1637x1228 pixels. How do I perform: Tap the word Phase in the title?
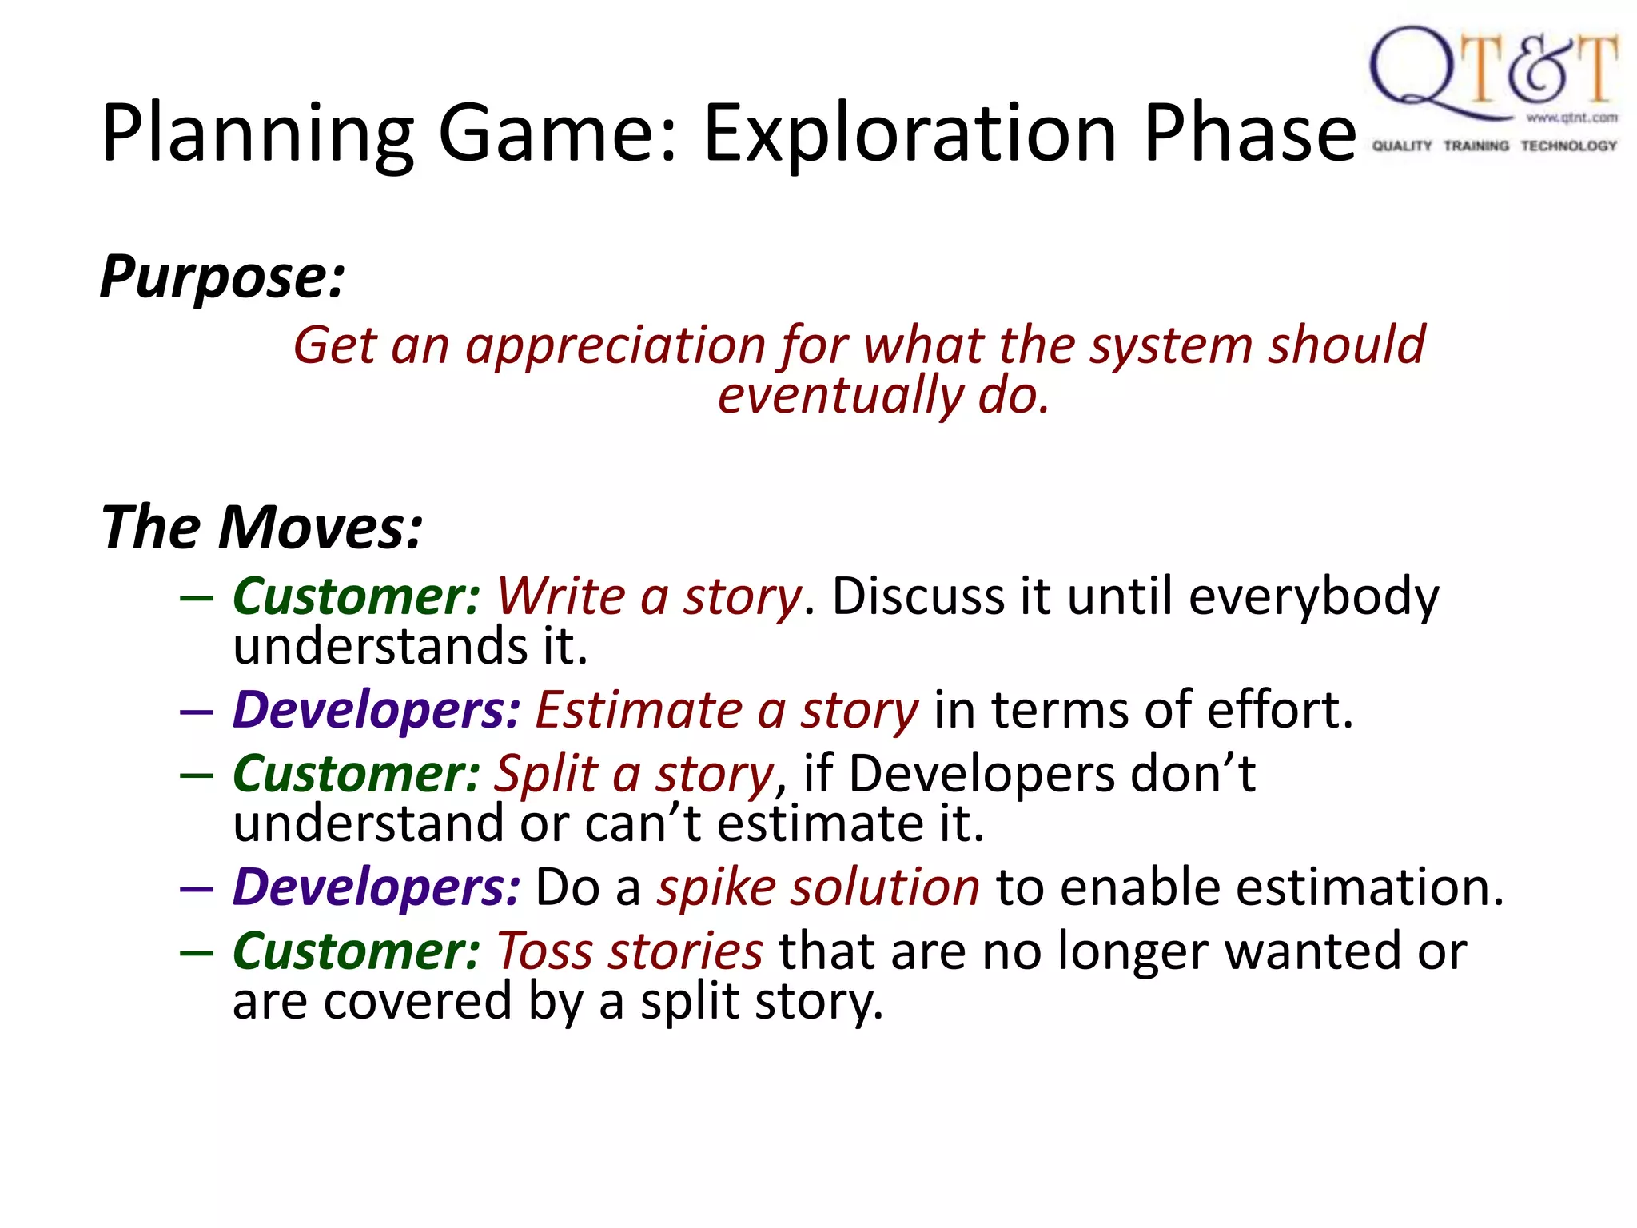tap(1249, 134)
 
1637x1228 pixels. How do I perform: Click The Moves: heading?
tap(261, 528)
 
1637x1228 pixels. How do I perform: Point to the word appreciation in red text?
tap(616, 345)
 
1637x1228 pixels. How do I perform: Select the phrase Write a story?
tap(648, 596)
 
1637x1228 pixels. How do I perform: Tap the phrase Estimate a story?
tap(727, 710)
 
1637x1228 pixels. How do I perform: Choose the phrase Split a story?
tap(634, 774)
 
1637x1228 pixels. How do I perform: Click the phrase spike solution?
tap(818, 887)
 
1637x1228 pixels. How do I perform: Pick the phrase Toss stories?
tap(629, 951)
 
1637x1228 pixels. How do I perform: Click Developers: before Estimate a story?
tap(376, 710)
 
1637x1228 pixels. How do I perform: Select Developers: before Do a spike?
tap(376, 887)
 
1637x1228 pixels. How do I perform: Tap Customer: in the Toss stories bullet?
tap(356, 951)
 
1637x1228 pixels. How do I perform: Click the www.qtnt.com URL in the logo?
tap(1571, 118)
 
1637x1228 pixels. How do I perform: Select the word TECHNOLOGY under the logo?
tap(1568, 146)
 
